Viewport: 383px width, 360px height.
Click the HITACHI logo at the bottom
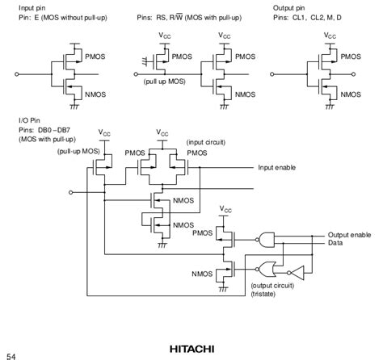click(191, 349)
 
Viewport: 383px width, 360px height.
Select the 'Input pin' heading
click(33, 6)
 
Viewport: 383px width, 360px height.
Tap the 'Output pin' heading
click(293, 6)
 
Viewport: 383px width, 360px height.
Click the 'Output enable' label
click(349, 234)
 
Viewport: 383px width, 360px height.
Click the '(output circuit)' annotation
click(274, 286)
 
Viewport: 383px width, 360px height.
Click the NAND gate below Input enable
click(264, 237)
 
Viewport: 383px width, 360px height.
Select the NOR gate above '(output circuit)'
click(263, 269)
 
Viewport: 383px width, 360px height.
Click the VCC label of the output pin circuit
click(330, 36)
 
